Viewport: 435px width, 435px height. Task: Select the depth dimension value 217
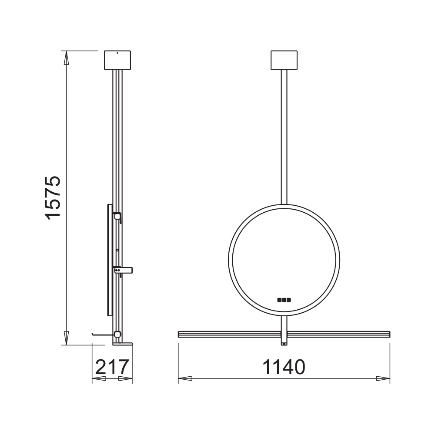112,367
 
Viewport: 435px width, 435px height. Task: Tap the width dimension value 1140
284,367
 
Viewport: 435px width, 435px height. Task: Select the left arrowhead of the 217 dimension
99,379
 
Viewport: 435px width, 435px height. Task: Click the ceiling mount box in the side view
117,60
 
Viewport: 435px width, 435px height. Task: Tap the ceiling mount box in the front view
284,60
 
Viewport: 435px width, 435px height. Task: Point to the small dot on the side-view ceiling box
117,54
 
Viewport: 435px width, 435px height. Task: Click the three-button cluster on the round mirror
284,299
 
